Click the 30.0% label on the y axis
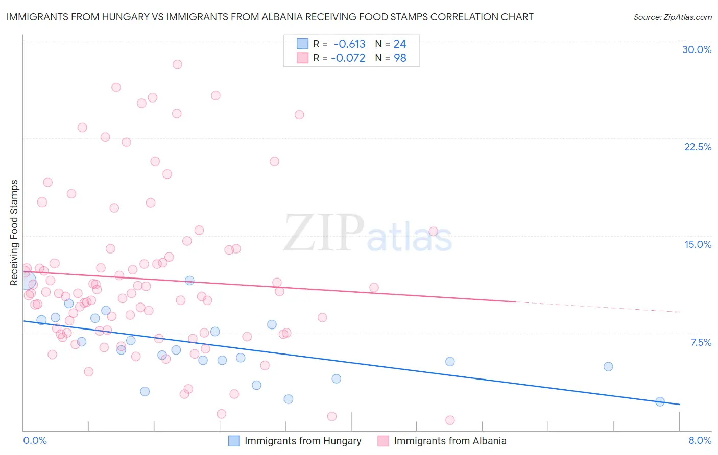(x=697, y=49)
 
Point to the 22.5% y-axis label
(x=698, y=147)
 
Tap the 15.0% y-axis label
(x=698, y=244)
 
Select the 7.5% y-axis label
(x=701, y=342)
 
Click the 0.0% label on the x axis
(x=35, y=440)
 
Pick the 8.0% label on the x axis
(x=700, y=440)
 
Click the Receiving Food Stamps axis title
(x=14, y=233)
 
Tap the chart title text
(x=270, y=17)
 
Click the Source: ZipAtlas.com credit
(x=672, y=17)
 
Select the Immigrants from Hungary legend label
(x=302, y=441)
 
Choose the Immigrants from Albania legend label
(x=450, y=441)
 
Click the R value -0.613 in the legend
(x=349, y=44)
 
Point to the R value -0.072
(x=348, y=58)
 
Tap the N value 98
(x=400, y=58)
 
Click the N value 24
(x=400, y=44)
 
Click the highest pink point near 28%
(x=177, y=64)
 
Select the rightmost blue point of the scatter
(x=660, y=401)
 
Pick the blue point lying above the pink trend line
(x=189, y=280)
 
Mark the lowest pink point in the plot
(x=450, y=420)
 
